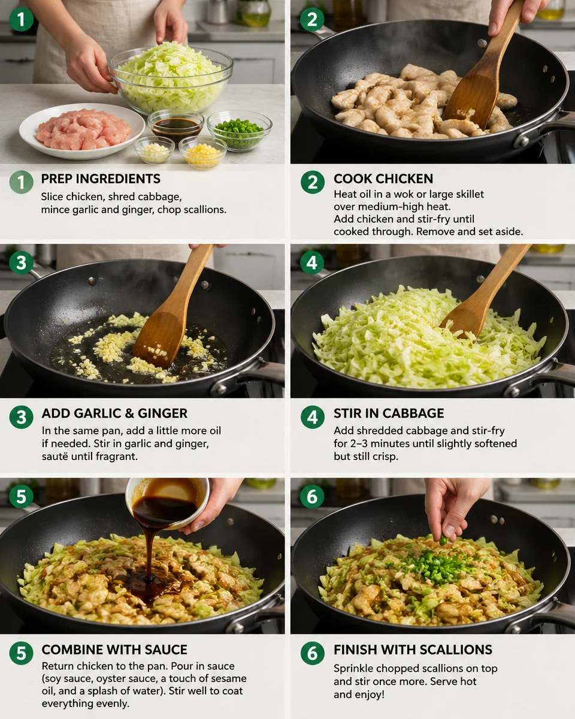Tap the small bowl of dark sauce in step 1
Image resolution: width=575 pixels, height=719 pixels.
coord(175,125)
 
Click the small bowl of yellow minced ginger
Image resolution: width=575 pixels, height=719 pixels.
coord(202,152)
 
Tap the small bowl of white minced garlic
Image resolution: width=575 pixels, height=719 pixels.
coord(154,149)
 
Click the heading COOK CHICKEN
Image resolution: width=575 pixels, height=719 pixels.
coord(383,179)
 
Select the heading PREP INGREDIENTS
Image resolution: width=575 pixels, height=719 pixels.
coord(101,179)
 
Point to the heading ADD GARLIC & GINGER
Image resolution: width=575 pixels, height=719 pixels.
coord(114,413)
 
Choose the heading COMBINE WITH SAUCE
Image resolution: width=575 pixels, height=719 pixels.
coord(114,649)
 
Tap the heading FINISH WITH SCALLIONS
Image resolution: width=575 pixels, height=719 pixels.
coord(413,649)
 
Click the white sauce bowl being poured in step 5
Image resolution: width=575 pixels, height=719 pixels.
coord(168,500)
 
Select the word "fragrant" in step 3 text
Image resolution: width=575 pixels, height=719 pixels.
coord(117,457)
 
